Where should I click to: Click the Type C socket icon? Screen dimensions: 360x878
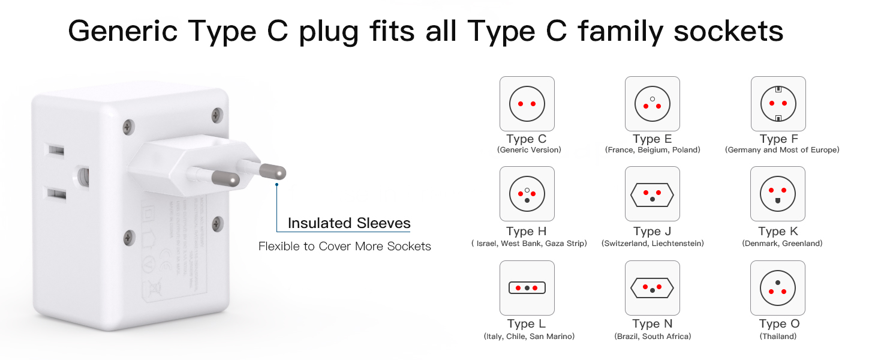[x=527, y=104]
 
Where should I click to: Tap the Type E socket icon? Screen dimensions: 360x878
[x=652, y=104]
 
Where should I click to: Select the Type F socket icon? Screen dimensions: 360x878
[x=778, y=104]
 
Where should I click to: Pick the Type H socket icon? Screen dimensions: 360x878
[x=527, y=194]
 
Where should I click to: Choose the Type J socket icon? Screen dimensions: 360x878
[x=652, y=194]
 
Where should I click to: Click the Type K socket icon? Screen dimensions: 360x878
[x=778, y=194]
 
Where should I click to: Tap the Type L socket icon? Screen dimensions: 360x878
[x=527, y=288]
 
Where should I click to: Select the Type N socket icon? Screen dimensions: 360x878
[x=652, y=288]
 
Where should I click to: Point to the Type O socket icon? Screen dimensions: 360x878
[x=778, y=288]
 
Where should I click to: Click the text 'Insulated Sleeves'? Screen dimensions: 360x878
[x=349, y=223]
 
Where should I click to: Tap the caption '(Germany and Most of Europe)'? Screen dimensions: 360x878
[x=782, y=150]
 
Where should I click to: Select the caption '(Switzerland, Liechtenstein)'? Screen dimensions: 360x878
[x=653, y=244]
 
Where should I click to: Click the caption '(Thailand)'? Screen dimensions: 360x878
[x=778, y=337]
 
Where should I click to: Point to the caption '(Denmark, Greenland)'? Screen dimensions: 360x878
[x=782, y=244]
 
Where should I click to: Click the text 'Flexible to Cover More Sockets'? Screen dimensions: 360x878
[x=344, y=246]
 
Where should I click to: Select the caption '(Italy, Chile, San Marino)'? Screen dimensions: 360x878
[x=529, y=337]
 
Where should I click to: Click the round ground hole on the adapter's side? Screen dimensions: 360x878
[x=83, y=176]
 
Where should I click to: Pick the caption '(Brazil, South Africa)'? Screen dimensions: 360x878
[x=653, y=337]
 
